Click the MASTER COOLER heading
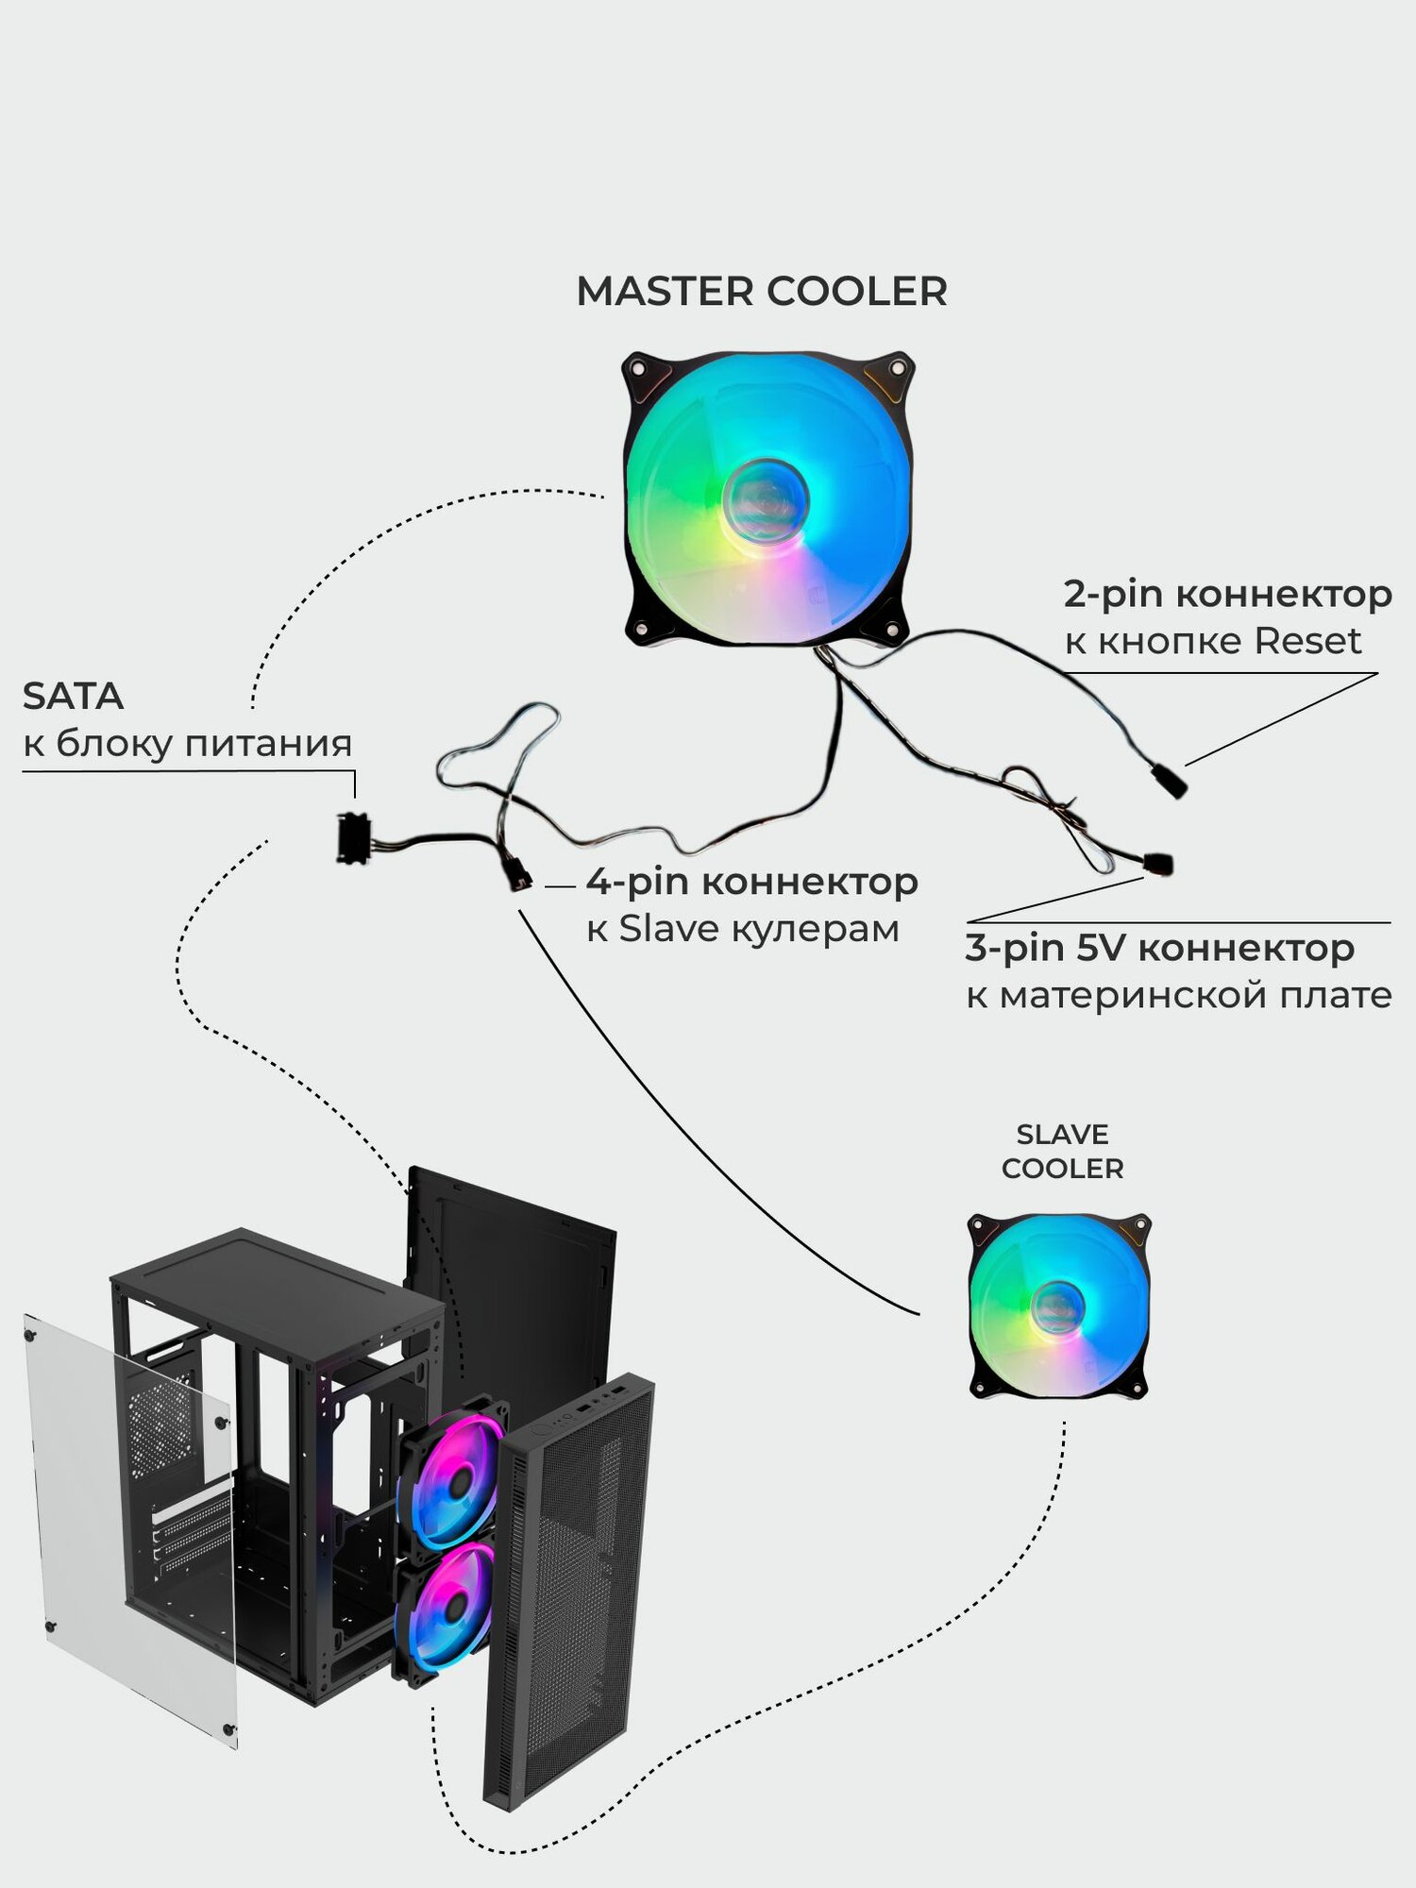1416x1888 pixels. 762,292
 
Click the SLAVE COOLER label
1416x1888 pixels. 1062,1151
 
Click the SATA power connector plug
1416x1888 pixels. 352,838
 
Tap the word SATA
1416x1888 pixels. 73,696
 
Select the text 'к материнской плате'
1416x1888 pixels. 1178,995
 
